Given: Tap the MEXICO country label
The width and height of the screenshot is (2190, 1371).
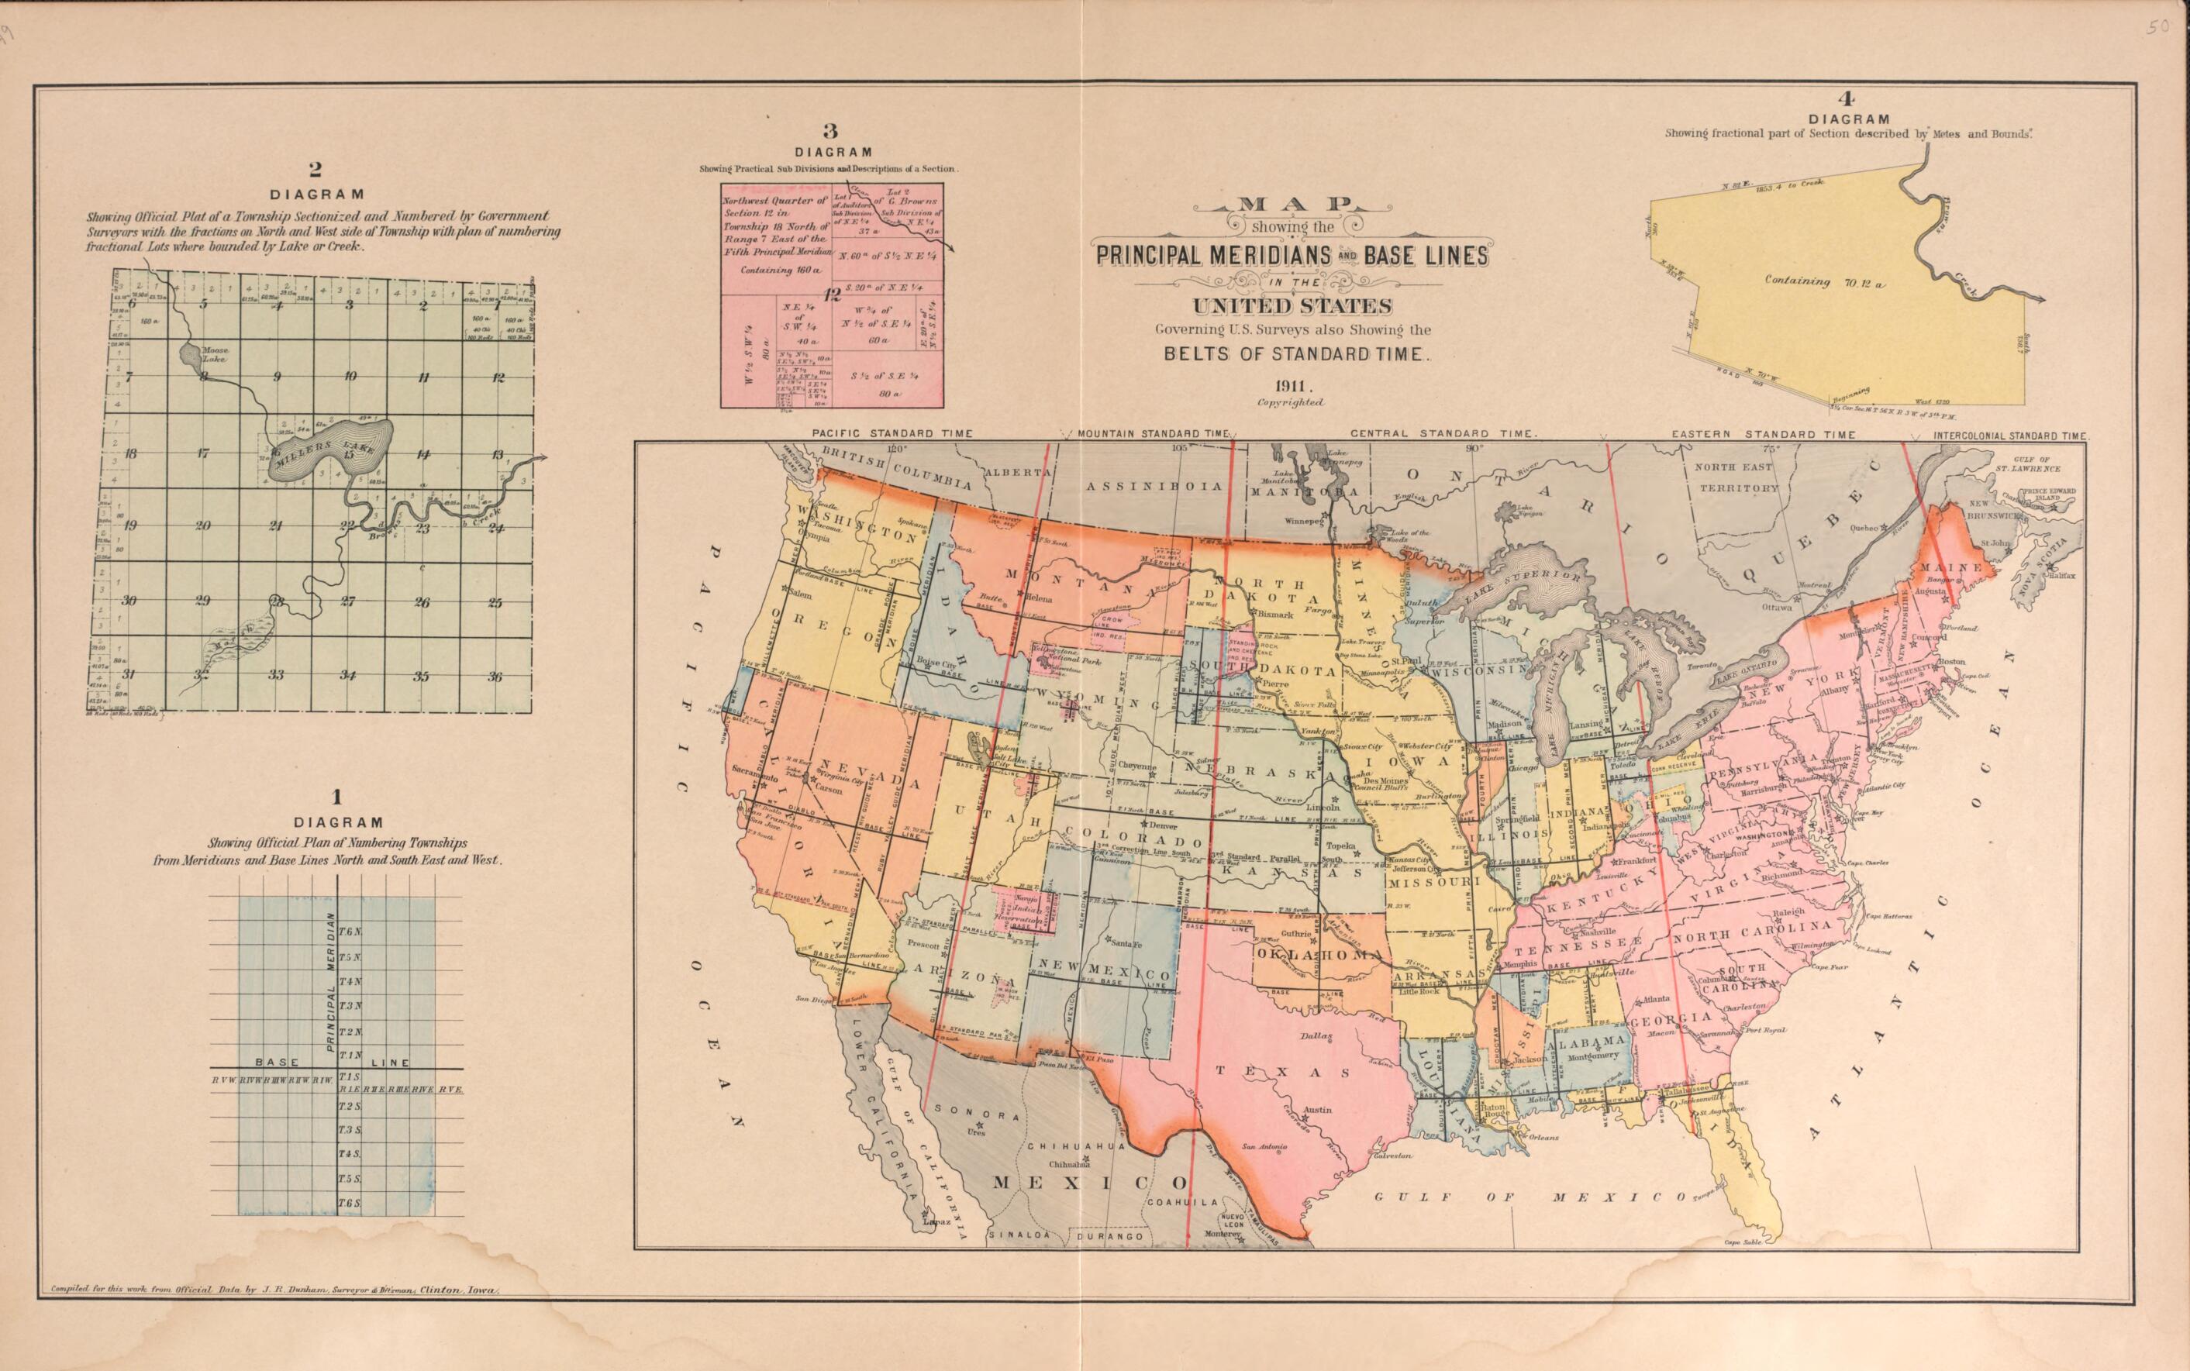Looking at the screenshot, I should coord(1088,1183).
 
